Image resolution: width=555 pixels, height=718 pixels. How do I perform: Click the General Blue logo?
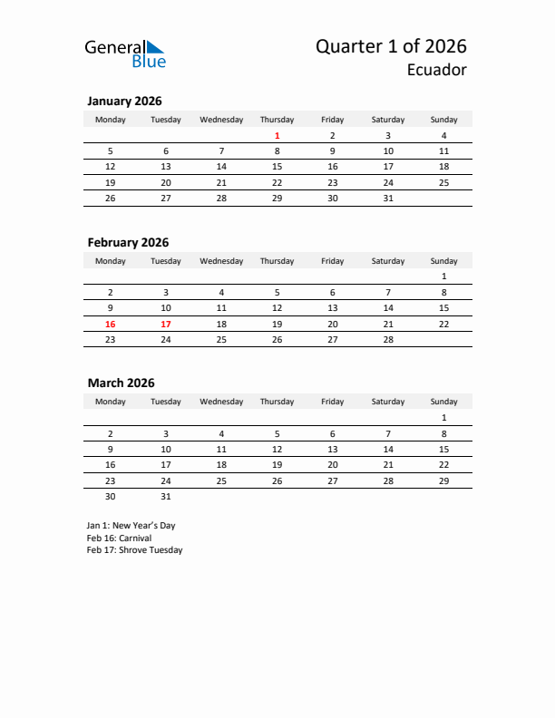[x=125, y=53]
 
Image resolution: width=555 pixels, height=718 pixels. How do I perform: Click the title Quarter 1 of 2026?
[x=391, y=46]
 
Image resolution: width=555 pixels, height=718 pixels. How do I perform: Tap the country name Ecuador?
[x=437, y=70]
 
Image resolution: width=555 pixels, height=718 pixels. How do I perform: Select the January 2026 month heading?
[x=124, y=102]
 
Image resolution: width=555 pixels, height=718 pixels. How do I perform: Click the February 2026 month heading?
[x=128, y=242]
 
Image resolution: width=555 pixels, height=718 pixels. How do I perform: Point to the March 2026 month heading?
[x=121, y=383]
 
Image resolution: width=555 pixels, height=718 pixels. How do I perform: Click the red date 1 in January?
[x=277, y=136]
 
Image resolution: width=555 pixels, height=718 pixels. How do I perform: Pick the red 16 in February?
[x=111, y=324]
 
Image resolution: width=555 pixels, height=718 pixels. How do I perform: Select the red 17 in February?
[x=166, y=324]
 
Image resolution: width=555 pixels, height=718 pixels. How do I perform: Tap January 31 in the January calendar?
[x=388, y=199]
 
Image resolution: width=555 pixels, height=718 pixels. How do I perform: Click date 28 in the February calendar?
[x=388, y=339]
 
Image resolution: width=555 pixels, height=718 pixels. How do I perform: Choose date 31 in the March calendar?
[x=166, y=496]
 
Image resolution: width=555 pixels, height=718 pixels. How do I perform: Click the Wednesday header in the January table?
[x=221, y=120]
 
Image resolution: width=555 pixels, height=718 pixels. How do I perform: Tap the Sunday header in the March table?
[x=443, y=401]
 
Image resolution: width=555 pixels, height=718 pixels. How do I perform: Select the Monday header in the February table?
[x=111, y=261]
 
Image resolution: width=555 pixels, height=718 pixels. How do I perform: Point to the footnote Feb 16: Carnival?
[x=119, y=538]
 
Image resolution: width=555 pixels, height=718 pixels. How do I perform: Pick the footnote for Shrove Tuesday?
[x=134, y=550]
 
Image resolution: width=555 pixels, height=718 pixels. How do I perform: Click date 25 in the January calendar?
[x=443, y=182]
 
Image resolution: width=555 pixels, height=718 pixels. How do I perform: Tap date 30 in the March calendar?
[x=111, y=496]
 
